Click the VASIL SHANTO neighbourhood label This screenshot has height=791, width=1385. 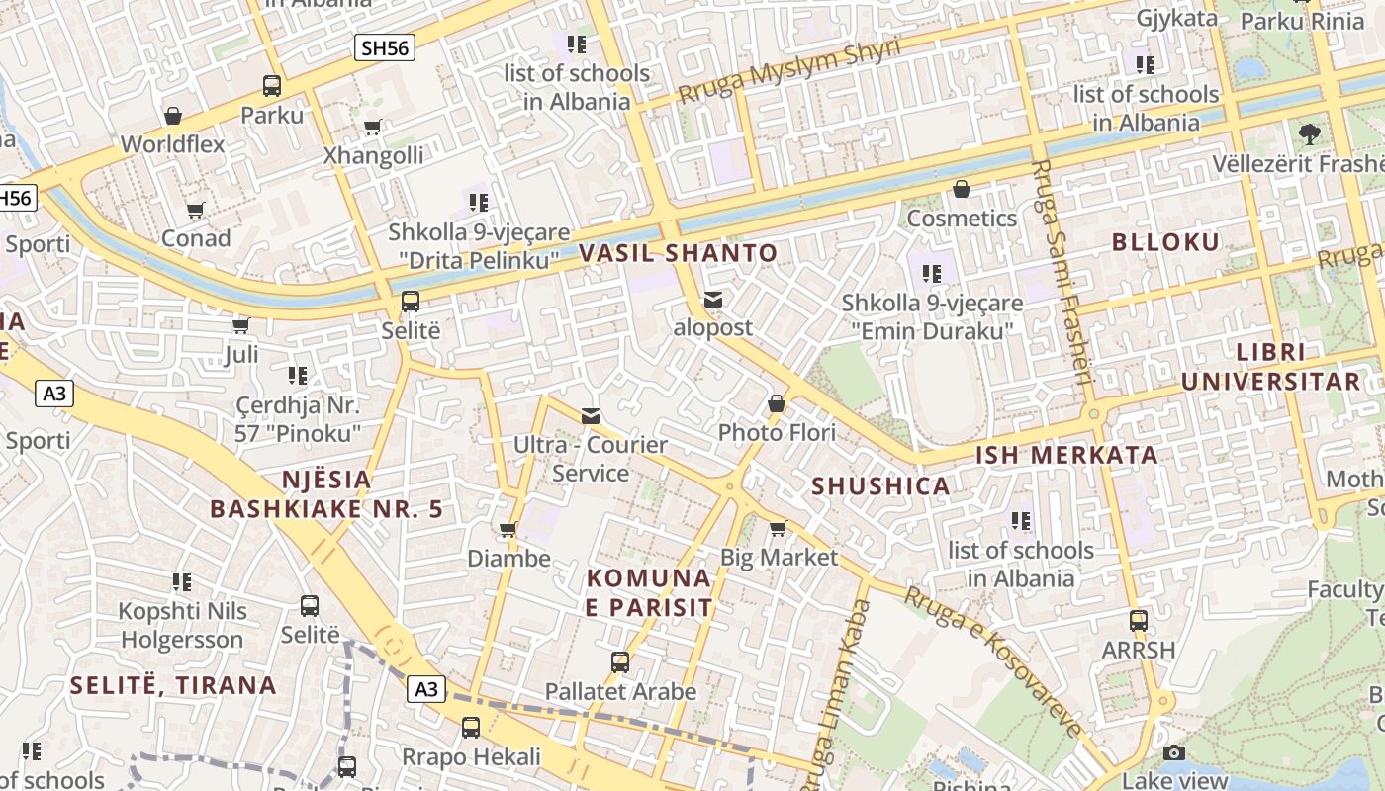pos(678,253)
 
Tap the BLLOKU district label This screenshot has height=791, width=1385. pos(1165,242)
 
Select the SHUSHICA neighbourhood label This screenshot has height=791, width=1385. pos(880,486)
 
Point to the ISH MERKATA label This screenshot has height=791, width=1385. pos(1066,456)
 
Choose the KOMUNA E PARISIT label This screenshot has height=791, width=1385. pos(648,592)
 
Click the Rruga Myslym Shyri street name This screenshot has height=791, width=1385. pos(789,71)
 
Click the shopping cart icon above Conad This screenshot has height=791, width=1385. pos(196,210)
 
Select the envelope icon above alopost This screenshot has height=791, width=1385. pos(713,300)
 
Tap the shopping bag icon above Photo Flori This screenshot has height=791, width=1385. pos(777,404)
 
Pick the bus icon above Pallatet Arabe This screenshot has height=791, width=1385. pos(620,662)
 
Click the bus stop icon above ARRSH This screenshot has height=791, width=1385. pos(1139,621)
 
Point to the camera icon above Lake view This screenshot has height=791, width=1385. pos(1174,753)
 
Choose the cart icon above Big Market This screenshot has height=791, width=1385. pos(778,529)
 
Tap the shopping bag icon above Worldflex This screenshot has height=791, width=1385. pos(173,116)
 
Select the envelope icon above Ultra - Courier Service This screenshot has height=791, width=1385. pos(591,416)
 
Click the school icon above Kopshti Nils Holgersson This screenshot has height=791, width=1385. pos(181,582)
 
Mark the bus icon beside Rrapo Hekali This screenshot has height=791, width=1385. pos(471,729)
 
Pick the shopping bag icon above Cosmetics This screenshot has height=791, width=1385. pos(962,189)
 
